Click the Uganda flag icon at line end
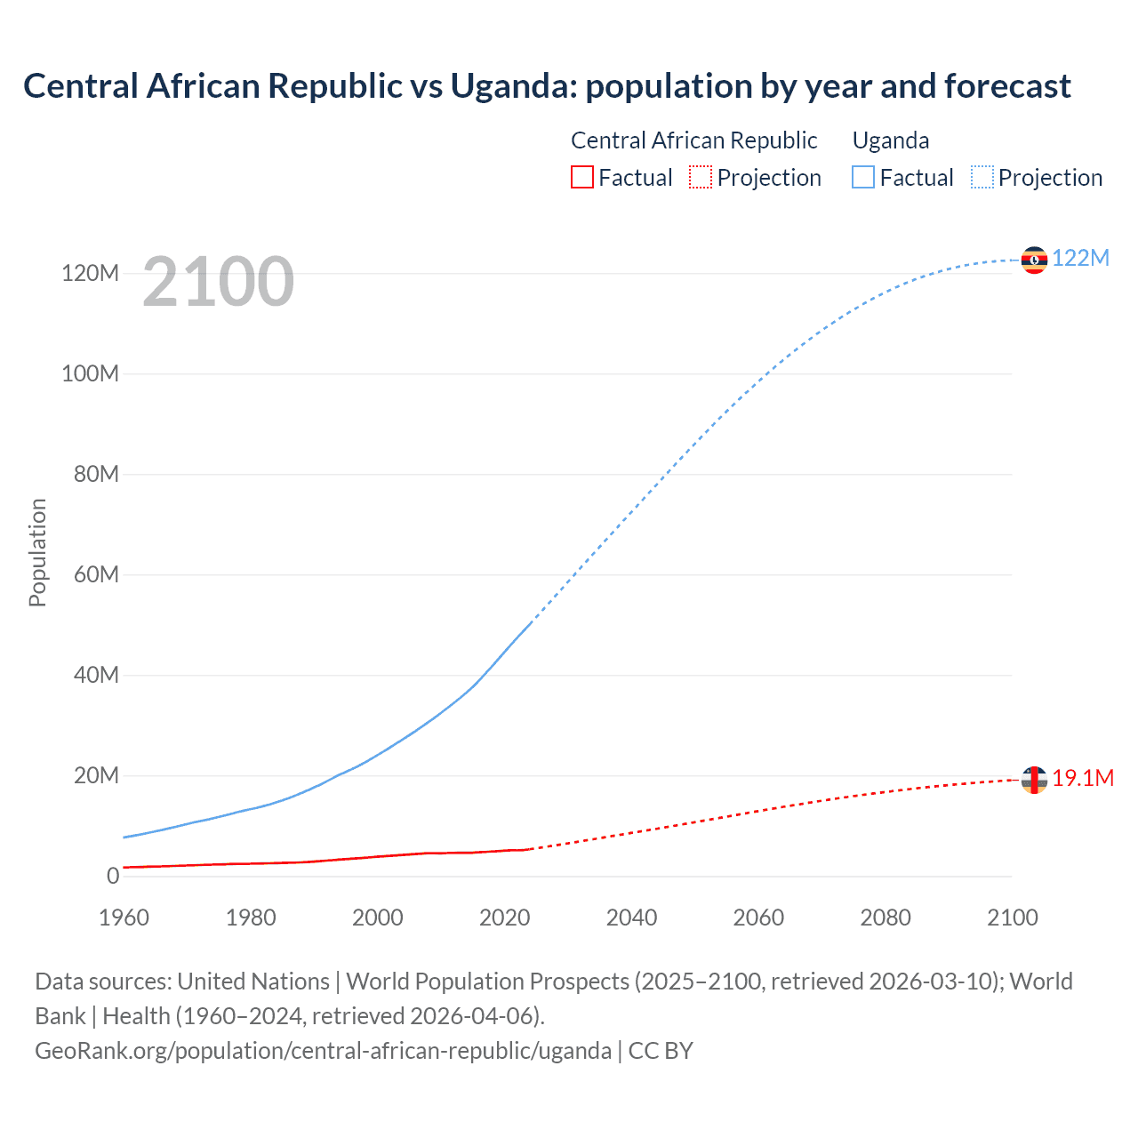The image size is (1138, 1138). pyautogui.click(x=1034, y=260)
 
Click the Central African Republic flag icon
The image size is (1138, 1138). pyautogui.click(x=1034, y=780)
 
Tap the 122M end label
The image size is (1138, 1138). pyautogui.click(x=1080, y=258)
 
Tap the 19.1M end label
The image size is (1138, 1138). pyautogui.click(x=1082, y=778)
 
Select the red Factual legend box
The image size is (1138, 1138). pyautogui.click(x=581, y=178)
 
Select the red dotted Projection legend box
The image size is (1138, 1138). pyautogui.click(x=701, y=178)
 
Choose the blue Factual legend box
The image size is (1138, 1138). pyautogui.click(x=863, y=178)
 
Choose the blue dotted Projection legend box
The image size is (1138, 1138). pyautogui.click(x=982, y=178)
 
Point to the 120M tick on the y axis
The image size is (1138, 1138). pyautogui.click(x=90, y=273)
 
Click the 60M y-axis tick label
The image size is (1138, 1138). pyautogui.click(x=96, y=574)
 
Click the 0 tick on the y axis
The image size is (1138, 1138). pyautogui.click(x=113, y=876)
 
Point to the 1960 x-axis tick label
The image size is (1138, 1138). pyautogui.click(x=124, y=918)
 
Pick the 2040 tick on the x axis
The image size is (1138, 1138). pyautogui.click(x=631, y=918)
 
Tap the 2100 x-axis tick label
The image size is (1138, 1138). pyautogui.click(x=1012, y=918)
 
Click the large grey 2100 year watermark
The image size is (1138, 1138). pyautogui.click(x=218, y=282)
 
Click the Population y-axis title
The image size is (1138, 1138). pyautogui.click(x=37, y=552)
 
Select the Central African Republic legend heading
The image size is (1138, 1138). pyautogui.click(x=693, y=140)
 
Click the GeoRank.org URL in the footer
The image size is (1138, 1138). pyautogui.click(x=323, y=1050)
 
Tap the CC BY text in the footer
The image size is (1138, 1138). pyautogui.click(x=661, y=1050)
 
